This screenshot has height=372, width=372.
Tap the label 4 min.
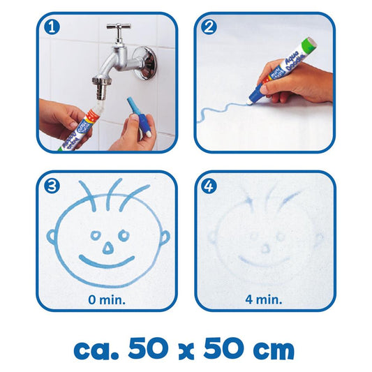click(x=265, y=300)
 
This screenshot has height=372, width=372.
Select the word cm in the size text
click(x=269, y=347)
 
